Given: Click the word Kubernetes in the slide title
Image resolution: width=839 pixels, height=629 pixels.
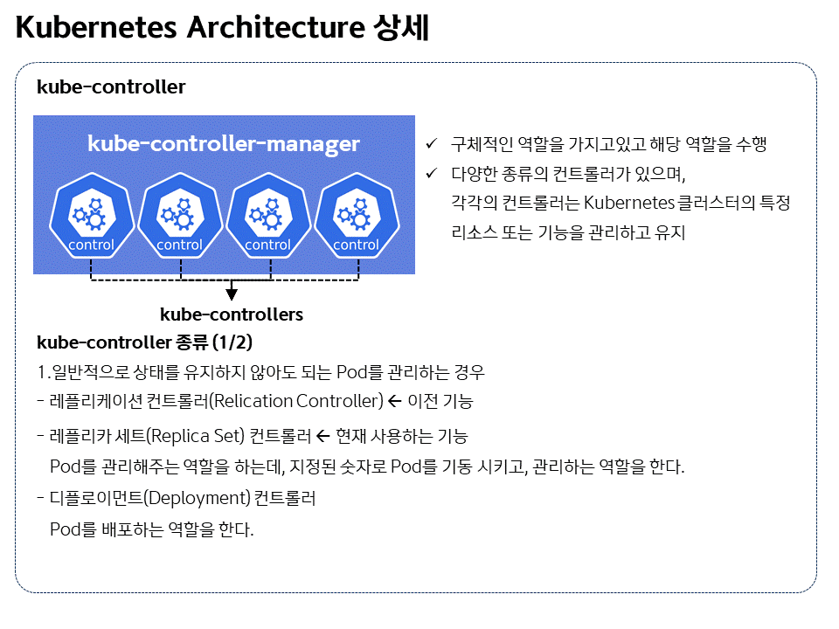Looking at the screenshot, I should point(95,28).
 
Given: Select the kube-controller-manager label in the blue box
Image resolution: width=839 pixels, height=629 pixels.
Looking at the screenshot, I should point(224,144).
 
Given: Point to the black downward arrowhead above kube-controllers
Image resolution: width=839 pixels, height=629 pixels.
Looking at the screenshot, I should point(232,293).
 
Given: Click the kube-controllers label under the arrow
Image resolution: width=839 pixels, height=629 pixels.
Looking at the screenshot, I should point(232,314).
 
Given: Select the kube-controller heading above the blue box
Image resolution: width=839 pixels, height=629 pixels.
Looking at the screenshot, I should point(111,87).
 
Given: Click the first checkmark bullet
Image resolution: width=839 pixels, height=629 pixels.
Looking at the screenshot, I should point(430,143).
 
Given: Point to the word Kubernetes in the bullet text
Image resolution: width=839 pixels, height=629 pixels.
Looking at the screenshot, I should point(628,204).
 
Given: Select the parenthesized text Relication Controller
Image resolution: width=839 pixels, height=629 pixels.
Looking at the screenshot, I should point(298,401).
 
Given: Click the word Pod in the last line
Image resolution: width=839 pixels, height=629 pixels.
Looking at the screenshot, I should point(66,529).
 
